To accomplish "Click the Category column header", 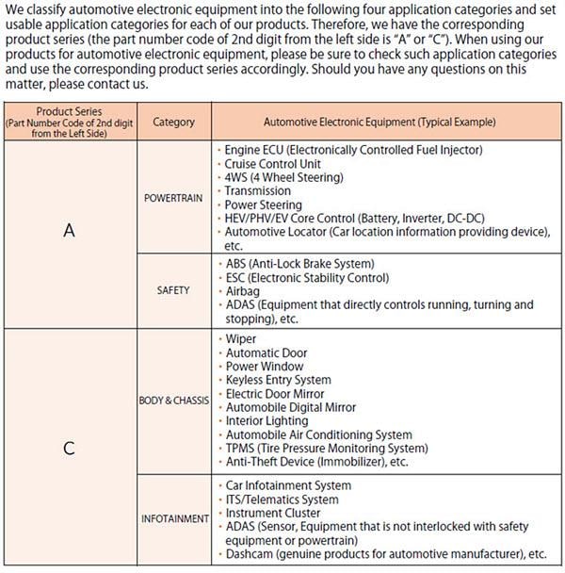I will (x=173, y=123).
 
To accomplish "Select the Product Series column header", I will (x=69, y=123).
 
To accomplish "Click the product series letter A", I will (x=69, y=231).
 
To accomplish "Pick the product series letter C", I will (x=69, y=449).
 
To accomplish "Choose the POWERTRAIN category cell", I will (x=173, y=199).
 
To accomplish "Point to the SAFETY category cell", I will (x=173, y=290).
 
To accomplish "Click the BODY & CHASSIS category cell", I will (x=173, y=401).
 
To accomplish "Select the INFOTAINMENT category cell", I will (x=173, y=518).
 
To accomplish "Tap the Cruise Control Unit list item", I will (x=271, y=163).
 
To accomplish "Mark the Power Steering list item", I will (x=263, y=205).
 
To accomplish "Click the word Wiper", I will (x=240, y=338).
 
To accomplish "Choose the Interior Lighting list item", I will (x=268, y=420).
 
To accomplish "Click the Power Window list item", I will (x=265, y=366).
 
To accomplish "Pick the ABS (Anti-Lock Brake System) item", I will (x=299, y=263).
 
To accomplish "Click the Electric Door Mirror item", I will (x=275, y=393).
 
